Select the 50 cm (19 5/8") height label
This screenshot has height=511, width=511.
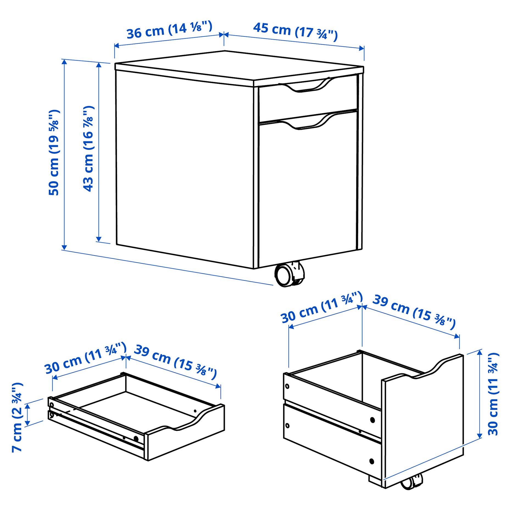pyautogui.click(x=54, y=152)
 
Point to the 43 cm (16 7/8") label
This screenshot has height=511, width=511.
pyautogui.click(x=88, y=148)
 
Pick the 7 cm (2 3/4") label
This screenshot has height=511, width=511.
pyautogui.click(x=17, y=417)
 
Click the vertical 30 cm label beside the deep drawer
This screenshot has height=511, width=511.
pyautogui.click(x=493, y=395)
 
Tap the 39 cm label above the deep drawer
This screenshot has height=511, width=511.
pyautogui.click(x=414, y=312)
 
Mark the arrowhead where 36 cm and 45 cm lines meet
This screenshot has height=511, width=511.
pyautogui.click(x=224, y=35)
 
